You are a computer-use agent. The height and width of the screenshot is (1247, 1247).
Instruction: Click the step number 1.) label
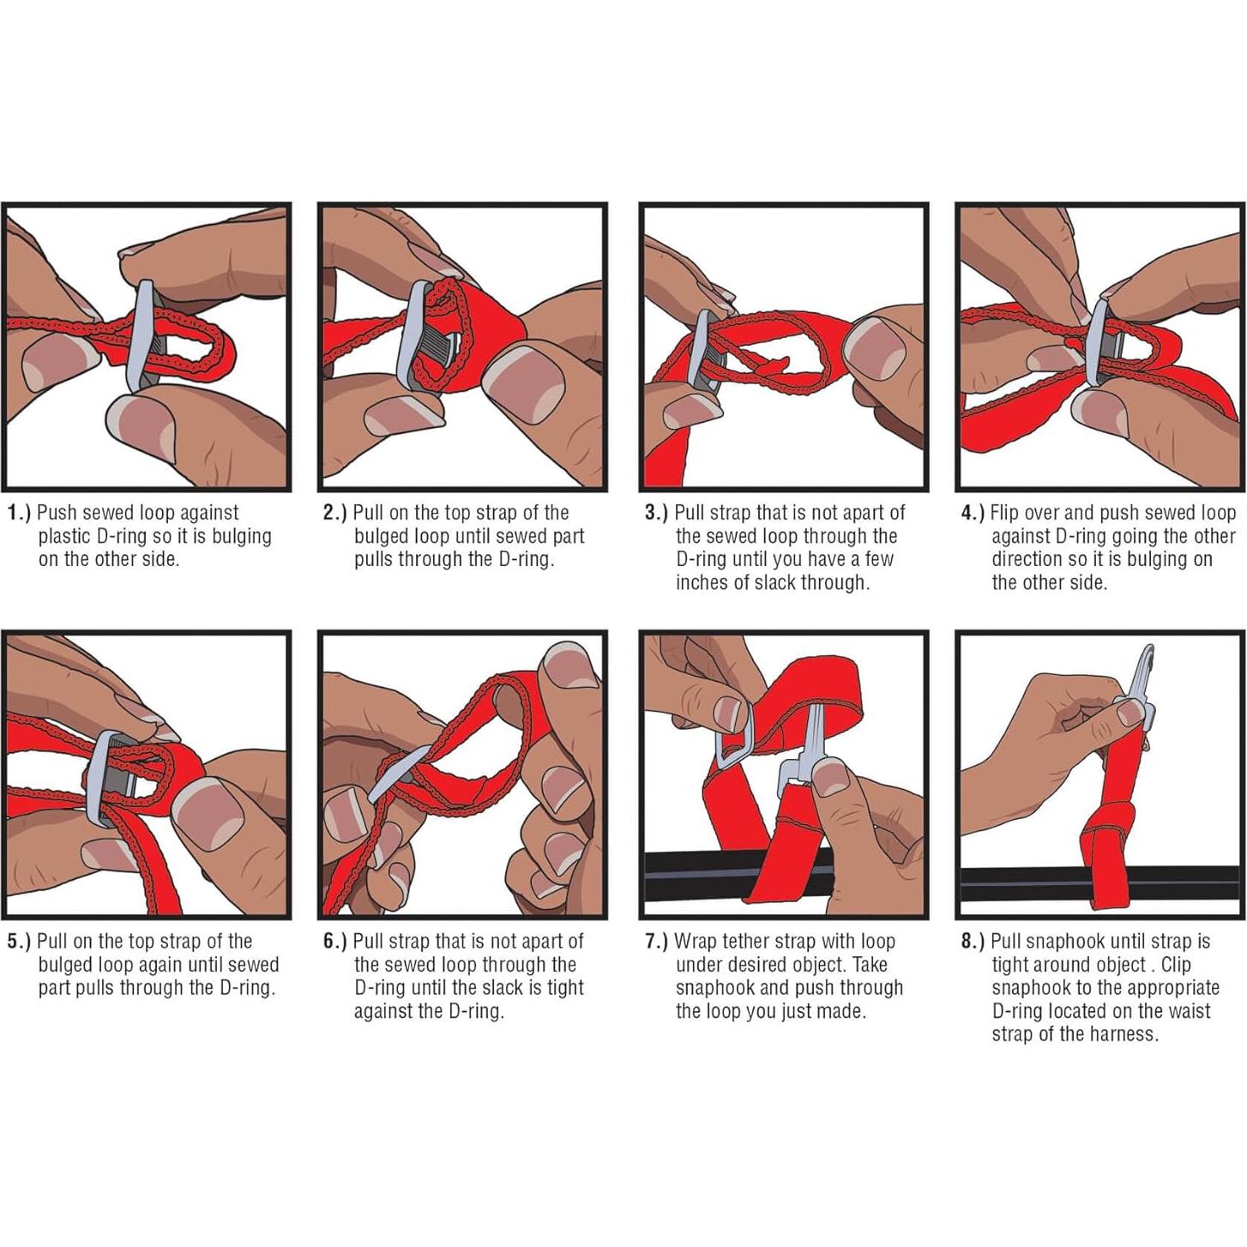pos(19,513)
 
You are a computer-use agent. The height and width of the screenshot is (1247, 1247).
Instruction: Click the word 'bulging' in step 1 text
pos(238,537)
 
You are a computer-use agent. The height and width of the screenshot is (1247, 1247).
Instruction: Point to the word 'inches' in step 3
pos(702,582)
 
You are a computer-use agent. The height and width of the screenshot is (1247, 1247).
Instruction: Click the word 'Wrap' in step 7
pos(696,943)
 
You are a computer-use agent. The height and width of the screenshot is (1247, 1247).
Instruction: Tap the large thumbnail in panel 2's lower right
pos(527,384)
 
